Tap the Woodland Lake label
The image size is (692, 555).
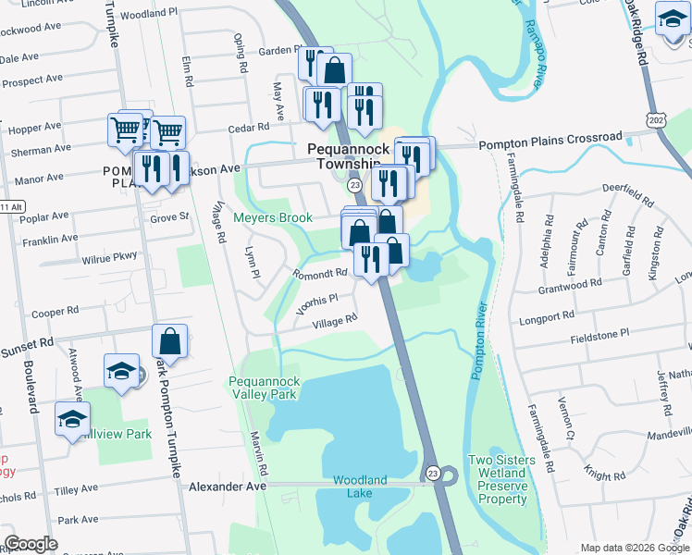coord(360,487)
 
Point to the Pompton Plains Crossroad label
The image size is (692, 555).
coord(550,138)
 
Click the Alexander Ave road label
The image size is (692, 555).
coord(228,486)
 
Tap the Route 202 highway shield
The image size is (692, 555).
coord(656,120)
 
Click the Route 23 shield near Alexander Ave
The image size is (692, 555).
coord(433,473)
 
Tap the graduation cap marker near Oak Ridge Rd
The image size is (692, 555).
coord(673,18)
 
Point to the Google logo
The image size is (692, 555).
coord(31,544)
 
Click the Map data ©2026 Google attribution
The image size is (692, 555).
coord(633,548)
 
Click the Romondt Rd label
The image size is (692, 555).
coord(319,274)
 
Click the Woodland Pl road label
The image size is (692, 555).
coord(148,14)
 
